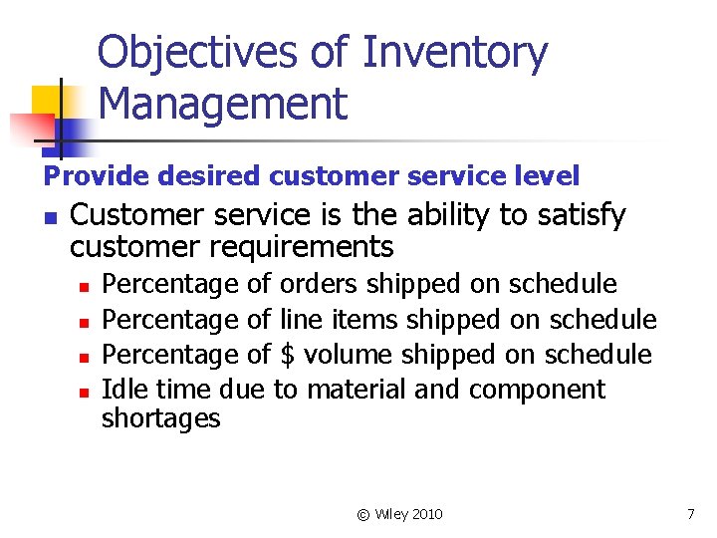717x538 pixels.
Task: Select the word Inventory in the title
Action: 454,53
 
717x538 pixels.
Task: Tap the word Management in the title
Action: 223,104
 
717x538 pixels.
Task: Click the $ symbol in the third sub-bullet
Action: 289,355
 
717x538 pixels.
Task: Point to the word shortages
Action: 160,418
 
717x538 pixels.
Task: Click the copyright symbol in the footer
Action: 363,514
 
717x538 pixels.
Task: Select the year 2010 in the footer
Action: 426,514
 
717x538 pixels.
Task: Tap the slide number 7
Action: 690,514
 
